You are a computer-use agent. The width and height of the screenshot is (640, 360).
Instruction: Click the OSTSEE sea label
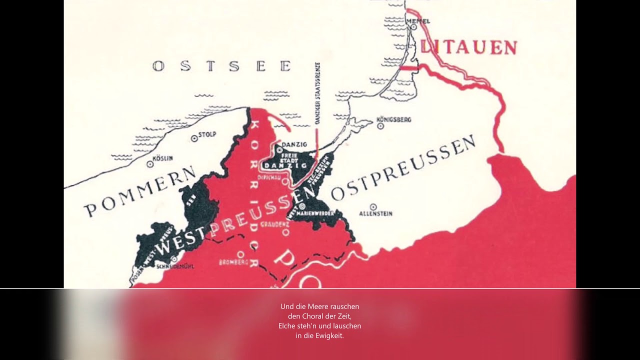click(222, 66)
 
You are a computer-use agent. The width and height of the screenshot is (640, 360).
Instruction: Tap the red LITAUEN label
click(468, 47)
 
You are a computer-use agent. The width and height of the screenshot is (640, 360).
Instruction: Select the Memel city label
click(419, 20)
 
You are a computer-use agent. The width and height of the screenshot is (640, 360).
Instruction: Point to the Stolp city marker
click(194, 138)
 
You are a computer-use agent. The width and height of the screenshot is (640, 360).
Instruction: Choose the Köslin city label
click(163, 158)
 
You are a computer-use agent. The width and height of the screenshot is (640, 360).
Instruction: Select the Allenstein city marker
click(373, 206)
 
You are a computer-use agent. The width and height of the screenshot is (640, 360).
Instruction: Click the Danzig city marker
click(279, 149)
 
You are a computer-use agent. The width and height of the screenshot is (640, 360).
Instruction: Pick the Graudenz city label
click(281, 224)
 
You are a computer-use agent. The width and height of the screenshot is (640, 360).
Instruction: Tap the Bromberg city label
click(234, 261)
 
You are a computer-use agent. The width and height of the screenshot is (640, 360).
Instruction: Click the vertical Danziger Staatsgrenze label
click(317, 92)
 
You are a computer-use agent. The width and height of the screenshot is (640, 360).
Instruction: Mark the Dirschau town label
click(267, 177)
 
